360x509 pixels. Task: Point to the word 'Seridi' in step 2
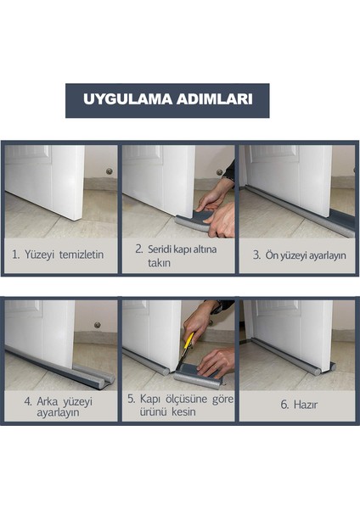pos(164,249)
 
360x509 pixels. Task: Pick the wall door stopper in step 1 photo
pos(108,171)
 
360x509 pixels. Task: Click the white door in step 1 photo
pos(51,178)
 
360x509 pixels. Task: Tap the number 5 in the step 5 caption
pos(131,399)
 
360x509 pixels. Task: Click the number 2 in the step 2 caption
pos(138,249)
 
